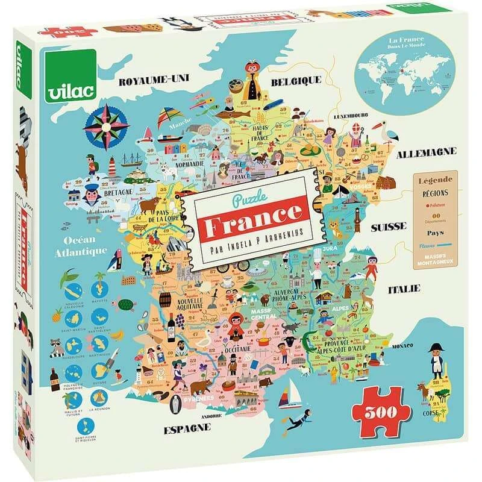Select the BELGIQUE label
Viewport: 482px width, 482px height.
pyautogui.click(x=295, y=80)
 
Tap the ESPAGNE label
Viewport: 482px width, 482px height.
pyautogui.click(x=187, y=429)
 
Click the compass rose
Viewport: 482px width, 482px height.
pyautogui.click(x=107, y=125)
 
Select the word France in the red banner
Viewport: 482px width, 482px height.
pyautogui.click(x=252, y=213)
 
